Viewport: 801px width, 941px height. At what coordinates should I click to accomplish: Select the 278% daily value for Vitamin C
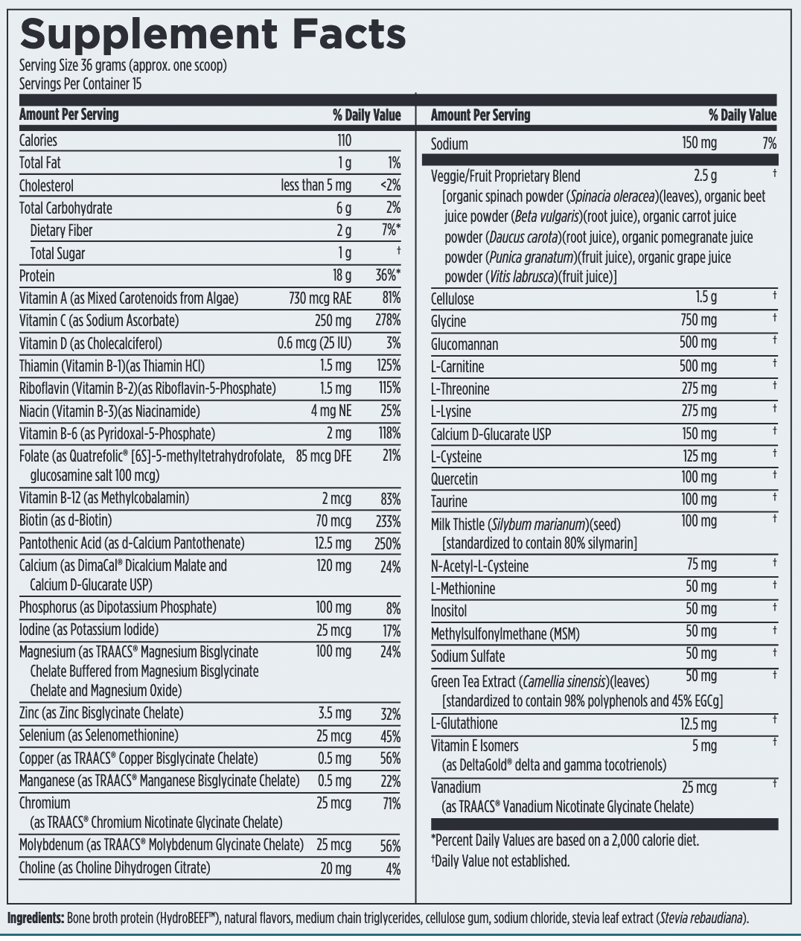[x=388, y=321]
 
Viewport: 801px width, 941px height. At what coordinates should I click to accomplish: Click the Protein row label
[x=37, y=276]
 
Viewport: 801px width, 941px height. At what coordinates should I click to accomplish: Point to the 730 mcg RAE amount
[x=320, y=299]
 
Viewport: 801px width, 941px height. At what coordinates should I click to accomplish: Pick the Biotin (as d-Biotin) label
[x=66, y=520]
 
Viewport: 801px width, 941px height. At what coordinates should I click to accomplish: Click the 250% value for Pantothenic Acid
[x=387, y=544]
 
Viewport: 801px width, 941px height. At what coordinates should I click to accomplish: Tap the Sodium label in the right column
[x=450, y=144]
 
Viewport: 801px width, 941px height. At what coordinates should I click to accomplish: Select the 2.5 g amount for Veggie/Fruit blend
[x=705, y=176]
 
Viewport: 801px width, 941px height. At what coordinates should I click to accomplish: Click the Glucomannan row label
[x=465, y=344]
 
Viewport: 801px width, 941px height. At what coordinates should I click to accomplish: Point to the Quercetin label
[x=454, y=479]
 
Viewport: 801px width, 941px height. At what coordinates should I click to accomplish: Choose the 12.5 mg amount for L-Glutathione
[x=698, y=724]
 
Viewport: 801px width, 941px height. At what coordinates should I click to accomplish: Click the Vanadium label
[x=456, y=788]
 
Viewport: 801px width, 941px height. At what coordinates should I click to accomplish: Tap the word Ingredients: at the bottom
[x=36, y=918]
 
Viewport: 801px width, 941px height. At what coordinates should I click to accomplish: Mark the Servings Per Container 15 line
[x=80, y=84]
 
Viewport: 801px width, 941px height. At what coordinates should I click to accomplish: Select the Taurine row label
[x=449, y=501]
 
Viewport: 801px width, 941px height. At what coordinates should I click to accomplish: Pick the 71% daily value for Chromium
[x=391, y=804]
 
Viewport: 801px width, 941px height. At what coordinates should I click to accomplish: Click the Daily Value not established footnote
[x=500, y=861]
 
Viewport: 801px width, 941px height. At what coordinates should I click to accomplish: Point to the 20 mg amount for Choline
[x=336, y=869]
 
